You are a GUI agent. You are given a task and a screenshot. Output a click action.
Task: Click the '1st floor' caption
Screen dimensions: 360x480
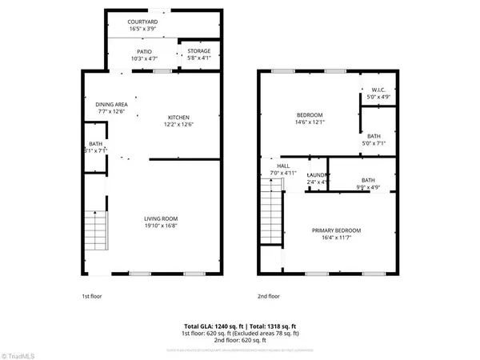point(92,295)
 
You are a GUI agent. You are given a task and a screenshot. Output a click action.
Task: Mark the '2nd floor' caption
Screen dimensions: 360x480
point(268,295)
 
